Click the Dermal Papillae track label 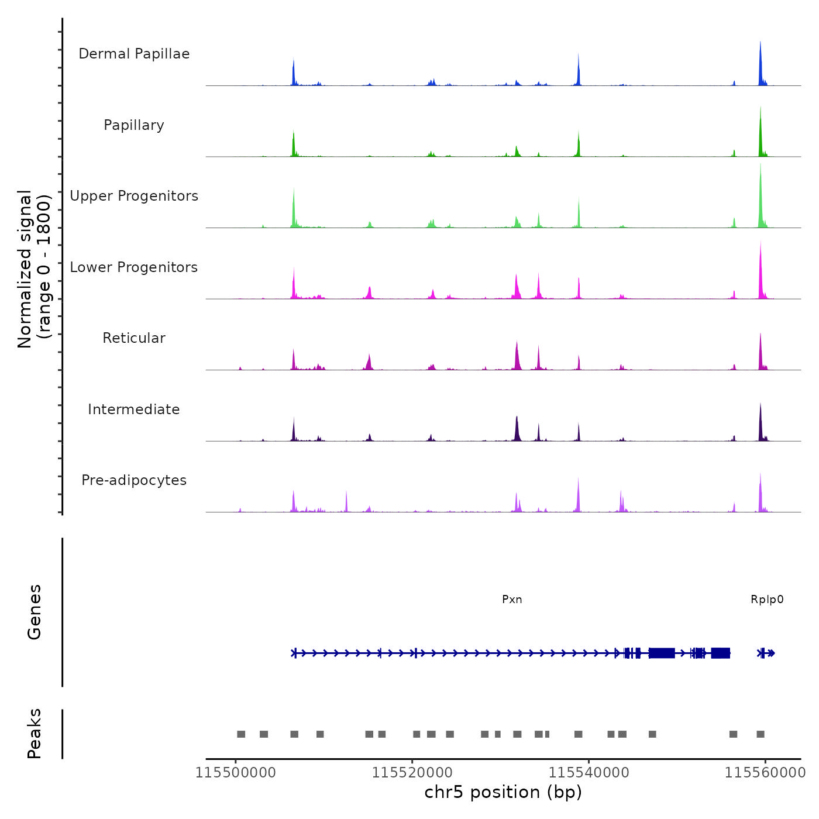coord(134,54)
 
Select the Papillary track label coord(134,125)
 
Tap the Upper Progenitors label coord(134,196)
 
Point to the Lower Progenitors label coord(134,267)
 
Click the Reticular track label coord(134,338)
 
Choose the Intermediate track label coord(134,409)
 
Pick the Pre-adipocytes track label coord(134,480)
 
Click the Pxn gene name coord(512,600)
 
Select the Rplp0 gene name coord(767,600)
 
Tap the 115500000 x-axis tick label coord(236,773)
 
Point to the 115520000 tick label coord(412,773)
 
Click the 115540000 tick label coord(589,773)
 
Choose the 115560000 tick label coord(765,773)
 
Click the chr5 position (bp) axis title coord(503,793)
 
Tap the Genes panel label coord(35,612)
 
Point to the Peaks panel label coord(35,734)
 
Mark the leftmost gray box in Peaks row coord(241,734)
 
